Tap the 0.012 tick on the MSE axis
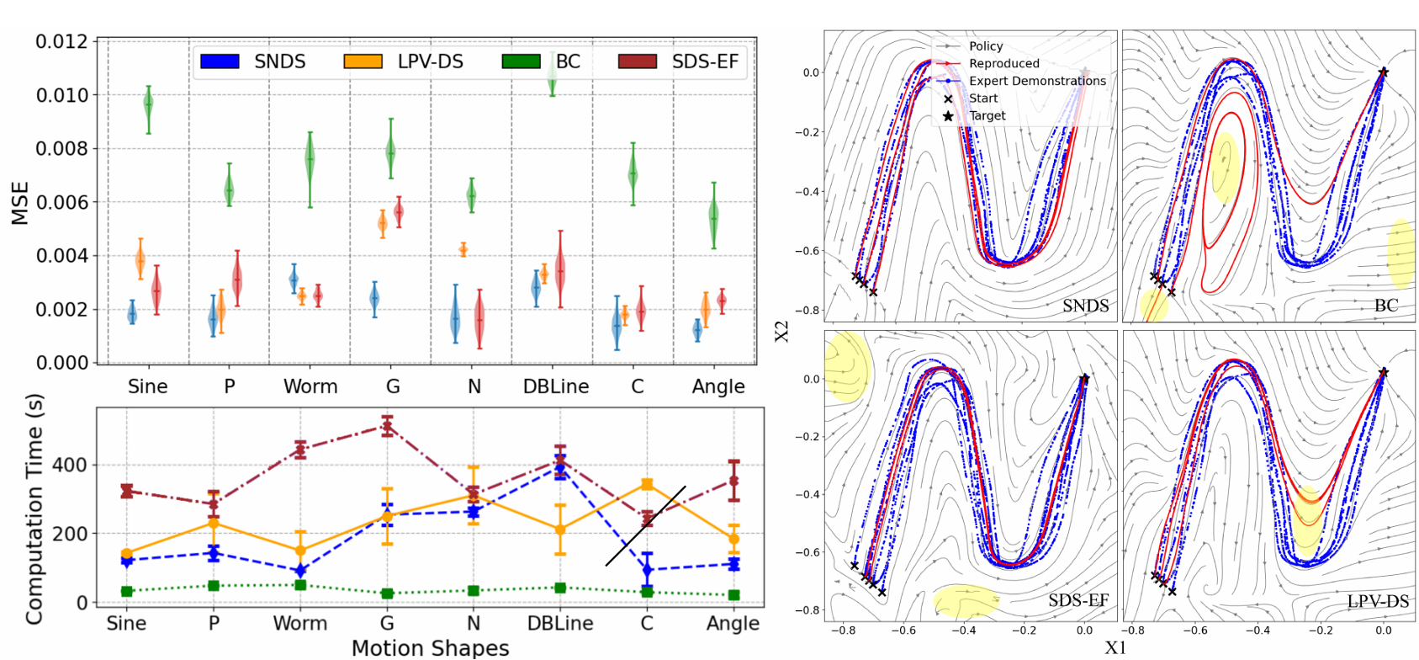(61, 41)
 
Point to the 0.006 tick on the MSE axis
(61, 202)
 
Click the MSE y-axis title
(20, 203)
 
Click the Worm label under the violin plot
(310, 386)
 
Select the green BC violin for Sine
(149, 104)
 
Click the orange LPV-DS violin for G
(383, 224)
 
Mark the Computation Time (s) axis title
(34, 511)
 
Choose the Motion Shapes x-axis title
(430, 648)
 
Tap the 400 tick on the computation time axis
(70, 466)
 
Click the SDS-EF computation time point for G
(387, 426)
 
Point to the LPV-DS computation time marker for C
(647, 484)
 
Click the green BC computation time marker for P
(214, 586)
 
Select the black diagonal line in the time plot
(645, 526)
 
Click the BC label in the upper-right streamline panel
(1385, 306)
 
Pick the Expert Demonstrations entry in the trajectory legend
(1037, 81)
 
